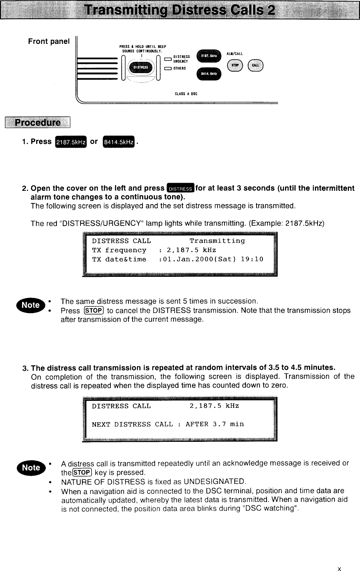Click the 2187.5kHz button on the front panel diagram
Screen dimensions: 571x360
pos(209,56)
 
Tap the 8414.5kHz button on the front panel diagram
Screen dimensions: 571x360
pos(209,74)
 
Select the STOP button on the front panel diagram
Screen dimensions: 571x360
pos(235,66)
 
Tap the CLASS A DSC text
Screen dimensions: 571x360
pos(186,94)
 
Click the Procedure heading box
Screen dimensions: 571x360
pos(37,123)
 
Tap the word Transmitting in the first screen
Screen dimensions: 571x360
pos(217,241)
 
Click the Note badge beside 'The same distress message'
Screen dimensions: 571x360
pos(32,305)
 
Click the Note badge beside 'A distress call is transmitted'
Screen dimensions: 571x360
pos(32,468)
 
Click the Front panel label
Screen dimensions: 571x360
pos(49,41)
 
